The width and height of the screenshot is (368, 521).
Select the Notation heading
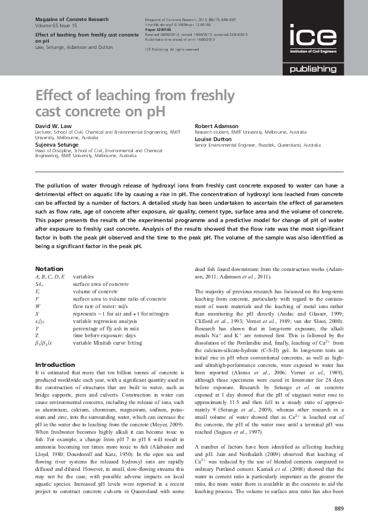coord(49,269)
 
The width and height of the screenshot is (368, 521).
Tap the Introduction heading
coord(55,364)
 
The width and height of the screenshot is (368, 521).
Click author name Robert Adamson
coord(216,126)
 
